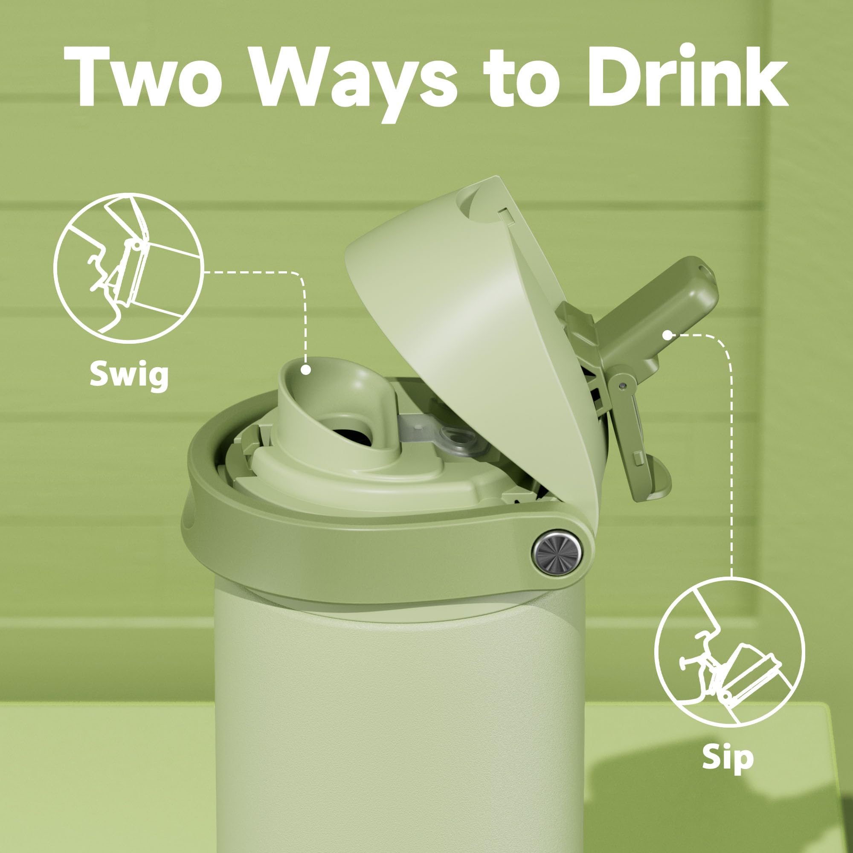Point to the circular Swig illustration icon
coord(128,269)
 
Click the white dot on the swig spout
coord(305,369)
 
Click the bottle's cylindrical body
coord(400,724)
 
